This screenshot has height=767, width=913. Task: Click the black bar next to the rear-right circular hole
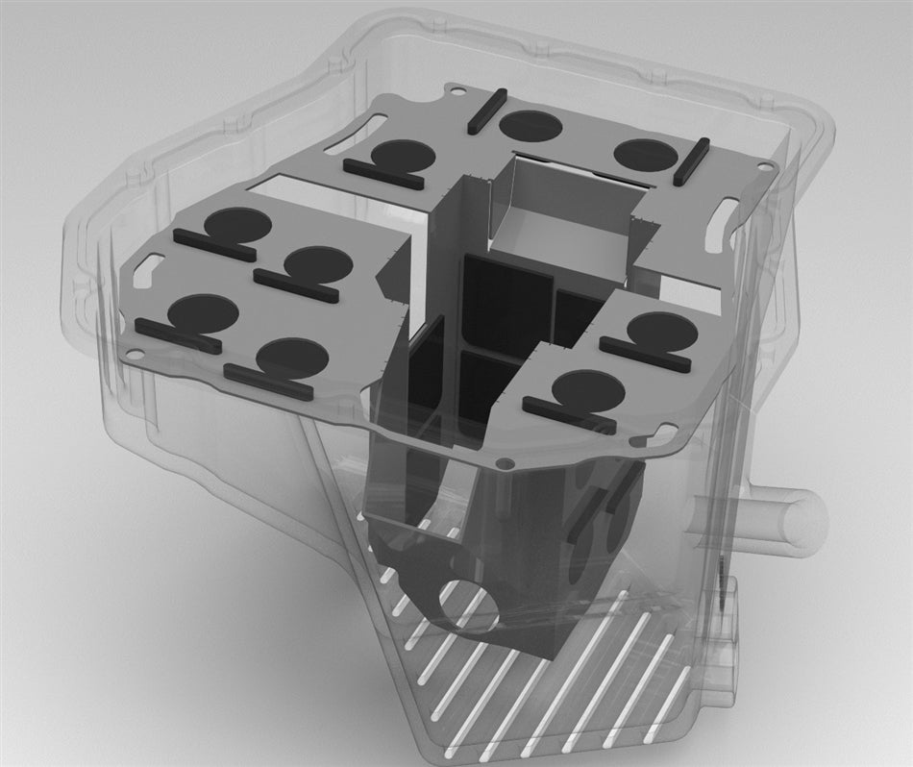coord(692,161)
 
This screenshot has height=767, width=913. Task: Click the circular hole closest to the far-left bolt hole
coord(202,312)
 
